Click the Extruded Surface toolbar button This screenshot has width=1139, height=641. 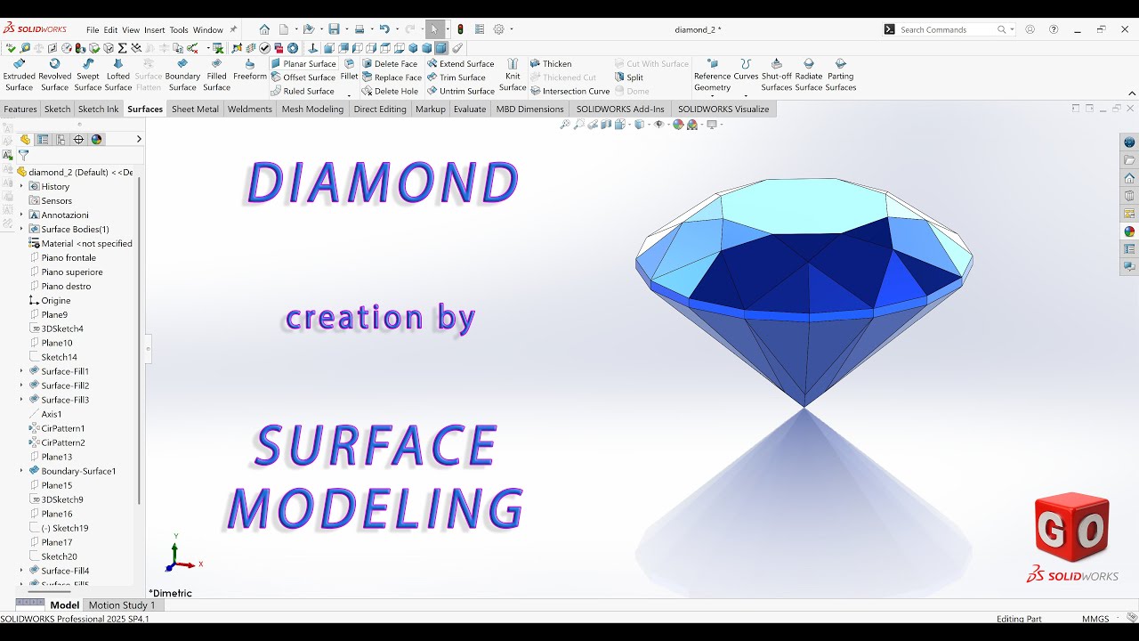click(19, 75)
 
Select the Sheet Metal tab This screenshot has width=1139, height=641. click(195, 110)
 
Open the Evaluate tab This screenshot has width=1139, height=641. click(470, 110)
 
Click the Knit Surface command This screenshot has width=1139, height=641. click(513, 75)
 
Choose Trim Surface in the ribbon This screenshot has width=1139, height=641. click(461, 77)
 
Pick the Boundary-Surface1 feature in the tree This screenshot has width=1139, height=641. click(78, 471)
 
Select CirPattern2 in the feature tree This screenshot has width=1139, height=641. click(63, 442)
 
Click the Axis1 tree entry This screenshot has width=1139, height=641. click(52, 414)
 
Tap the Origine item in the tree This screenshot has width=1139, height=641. click(55, 300)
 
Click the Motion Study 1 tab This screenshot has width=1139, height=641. click(122, 605)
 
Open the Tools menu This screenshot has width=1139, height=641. click(179, 29)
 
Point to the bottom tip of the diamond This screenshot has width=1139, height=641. click(804, 407)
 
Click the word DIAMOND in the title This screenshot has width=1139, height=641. click(383, 184)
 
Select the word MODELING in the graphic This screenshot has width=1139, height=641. click(375, 509)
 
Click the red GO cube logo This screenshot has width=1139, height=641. click(1071, 528)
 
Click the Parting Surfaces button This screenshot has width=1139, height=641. click(840, 75)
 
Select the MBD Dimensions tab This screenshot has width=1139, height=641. click(530, 110)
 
